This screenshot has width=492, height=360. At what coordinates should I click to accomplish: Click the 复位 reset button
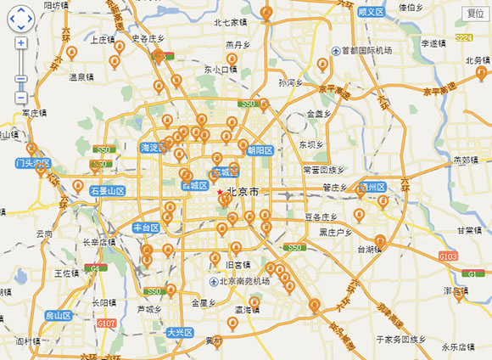475,13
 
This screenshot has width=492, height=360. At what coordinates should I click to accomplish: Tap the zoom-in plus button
21,43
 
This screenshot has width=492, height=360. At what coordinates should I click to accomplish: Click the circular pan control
20,17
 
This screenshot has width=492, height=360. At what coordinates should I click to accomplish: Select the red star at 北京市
220,192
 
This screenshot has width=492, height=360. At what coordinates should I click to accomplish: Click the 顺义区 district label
371,12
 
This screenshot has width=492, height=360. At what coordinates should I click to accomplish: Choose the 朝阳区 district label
259,151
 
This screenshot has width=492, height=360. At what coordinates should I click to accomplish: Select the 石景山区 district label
108,191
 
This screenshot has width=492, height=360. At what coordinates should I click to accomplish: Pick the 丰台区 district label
146,228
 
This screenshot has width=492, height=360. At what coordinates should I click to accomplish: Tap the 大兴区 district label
181,332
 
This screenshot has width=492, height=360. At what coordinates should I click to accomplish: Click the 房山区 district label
59,315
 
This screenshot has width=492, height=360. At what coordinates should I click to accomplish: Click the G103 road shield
447,255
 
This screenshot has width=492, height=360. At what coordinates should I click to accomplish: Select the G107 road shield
106,323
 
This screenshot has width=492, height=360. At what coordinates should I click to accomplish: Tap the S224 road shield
462,38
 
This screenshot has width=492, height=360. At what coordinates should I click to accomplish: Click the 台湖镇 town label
370,250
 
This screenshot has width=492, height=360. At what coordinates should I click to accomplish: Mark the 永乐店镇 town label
457,347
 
